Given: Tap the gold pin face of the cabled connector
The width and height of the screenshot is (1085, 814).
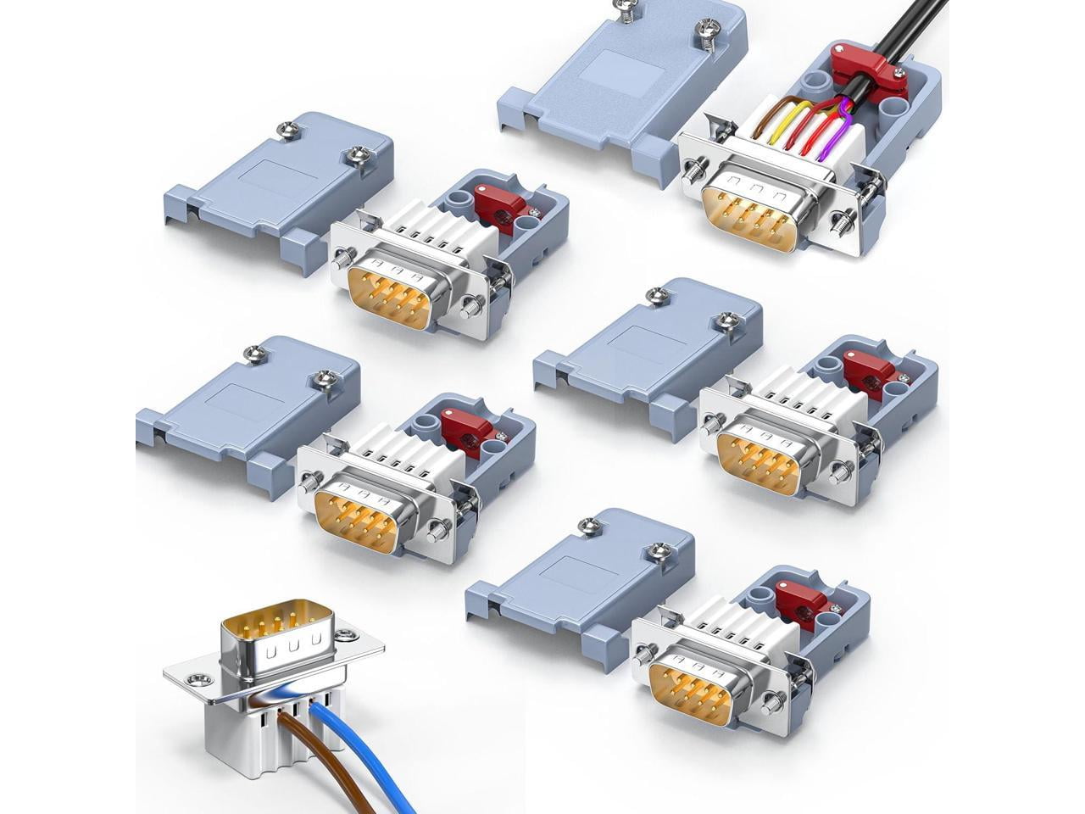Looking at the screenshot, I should pos(750,217).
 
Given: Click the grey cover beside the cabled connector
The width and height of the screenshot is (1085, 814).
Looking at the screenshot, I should pos(610,85).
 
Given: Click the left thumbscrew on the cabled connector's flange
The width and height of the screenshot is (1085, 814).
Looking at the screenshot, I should pos(693,170).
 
